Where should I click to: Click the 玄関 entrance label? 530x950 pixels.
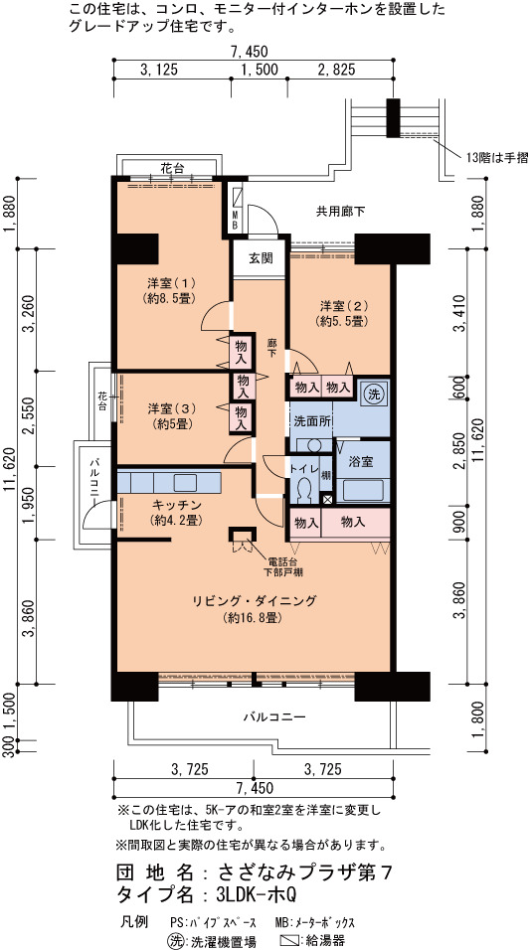(261, 257)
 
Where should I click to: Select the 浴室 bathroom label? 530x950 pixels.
(361, 462)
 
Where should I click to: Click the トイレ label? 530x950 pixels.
(302, 468)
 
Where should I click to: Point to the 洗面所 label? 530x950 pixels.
(312, 421)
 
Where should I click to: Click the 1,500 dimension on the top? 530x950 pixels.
(260, 70)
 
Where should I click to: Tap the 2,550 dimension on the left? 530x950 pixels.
(27, 418)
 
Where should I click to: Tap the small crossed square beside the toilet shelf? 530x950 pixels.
(327, 501)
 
